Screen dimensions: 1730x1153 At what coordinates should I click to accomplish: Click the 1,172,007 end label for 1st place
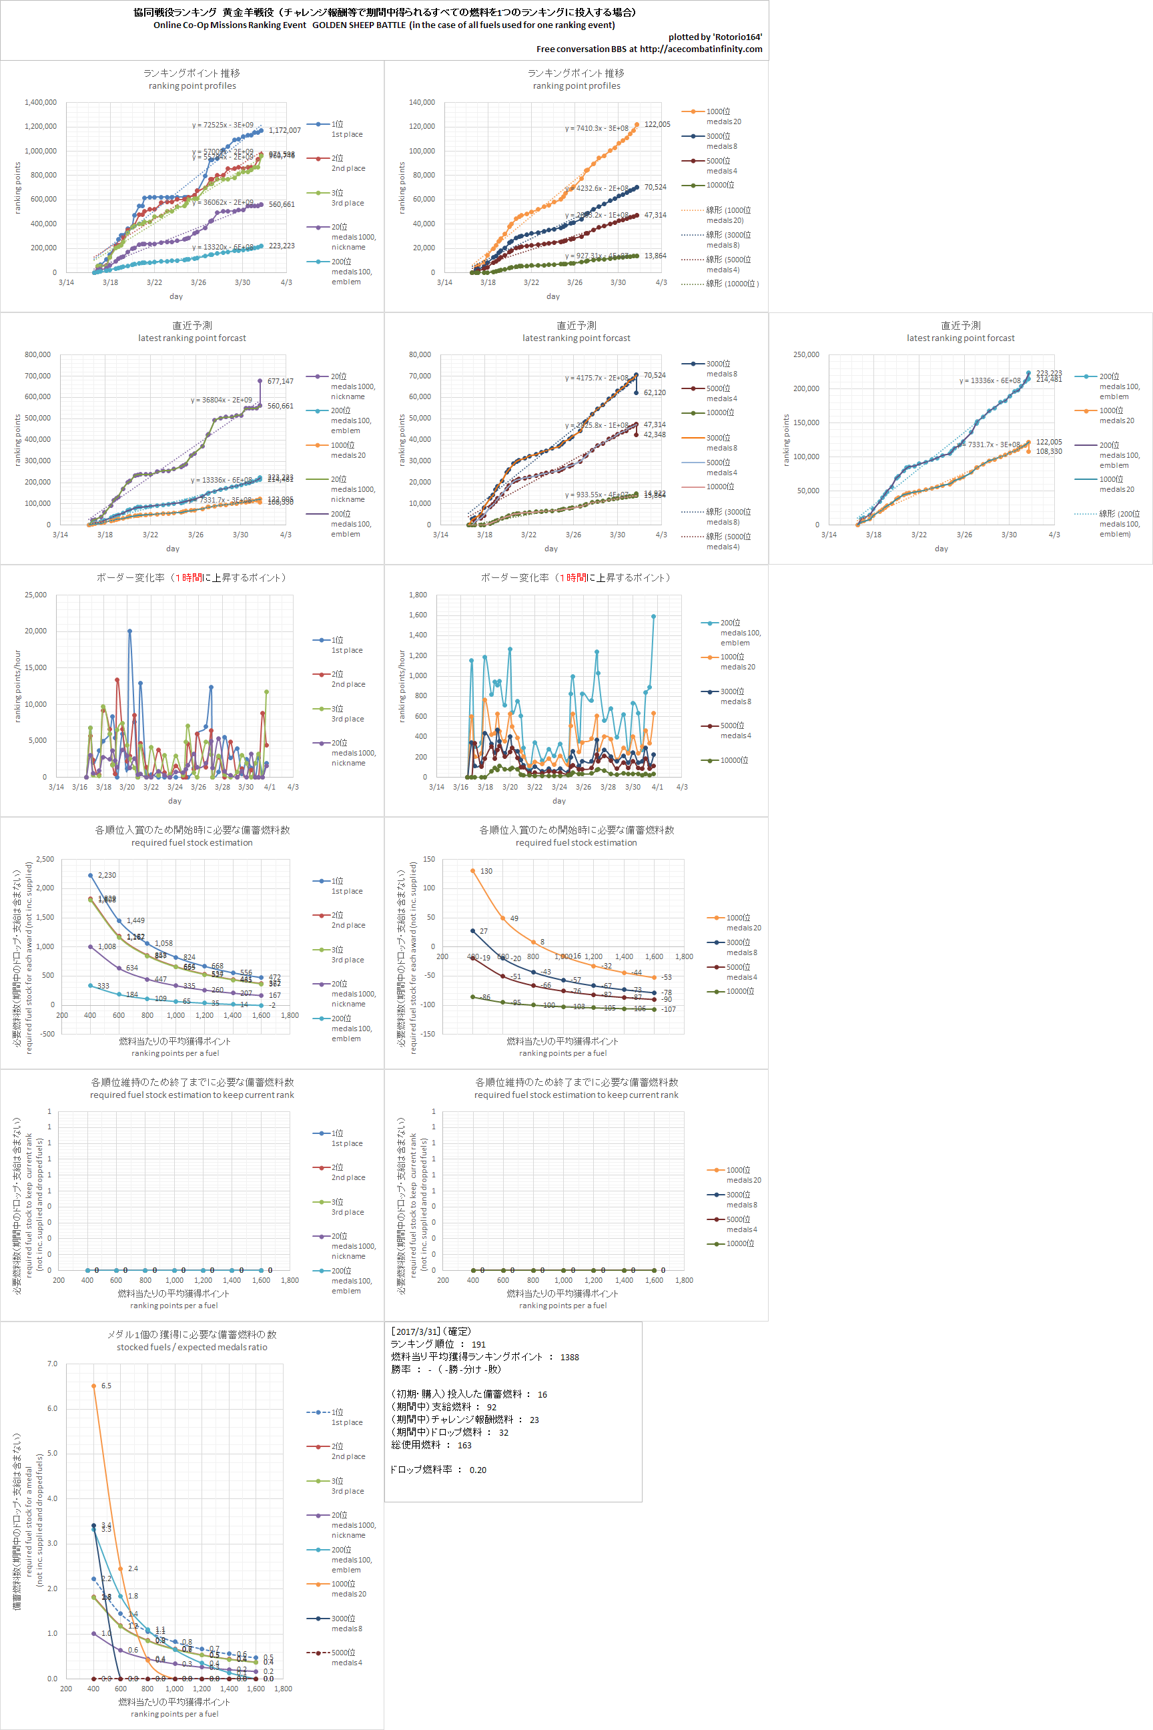click(284, 130)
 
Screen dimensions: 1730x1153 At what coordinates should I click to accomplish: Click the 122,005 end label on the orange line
click(657, 124)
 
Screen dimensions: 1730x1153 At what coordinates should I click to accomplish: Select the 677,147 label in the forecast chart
click(280, 381)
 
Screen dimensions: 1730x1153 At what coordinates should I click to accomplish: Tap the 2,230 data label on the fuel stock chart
click(107, 875)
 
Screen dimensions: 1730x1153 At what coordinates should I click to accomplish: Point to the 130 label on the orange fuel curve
click(486, 871)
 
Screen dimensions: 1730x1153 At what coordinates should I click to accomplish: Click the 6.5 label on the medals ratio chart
click(107, 1386)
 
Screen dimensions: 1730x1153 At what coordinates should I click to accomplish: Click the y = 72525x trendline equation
click(223, 125)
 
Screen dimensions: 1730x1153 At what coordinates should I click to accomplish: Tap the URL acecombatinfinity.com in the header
click(701, 49)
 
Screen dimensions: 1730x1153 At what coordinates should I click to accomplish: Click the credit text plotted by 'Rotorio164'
click(715, 37)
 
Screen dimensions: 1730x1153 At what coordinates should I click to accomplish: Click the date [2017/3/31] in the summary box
click(416, 1332)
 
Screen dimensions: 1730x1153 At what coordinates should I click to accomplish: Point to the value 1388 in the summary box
click(569, 1357)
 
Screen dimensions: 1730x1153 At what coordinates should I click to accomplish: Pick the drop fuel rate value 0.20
click(478, 1470)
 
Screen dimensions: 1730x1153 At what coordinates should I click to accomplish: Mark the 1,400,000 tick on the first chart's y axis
click(41, 102)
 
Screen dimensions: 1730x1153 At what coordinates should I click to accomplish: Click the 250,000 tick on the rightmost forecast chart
click(806, 354)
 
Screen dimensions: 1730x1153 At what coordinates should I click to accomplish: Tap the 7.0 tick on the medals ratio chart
click(52, 1364)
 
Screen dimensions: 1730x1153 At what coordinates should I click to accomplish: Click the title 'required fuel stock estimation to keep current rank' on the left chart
click(192, 1095)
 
